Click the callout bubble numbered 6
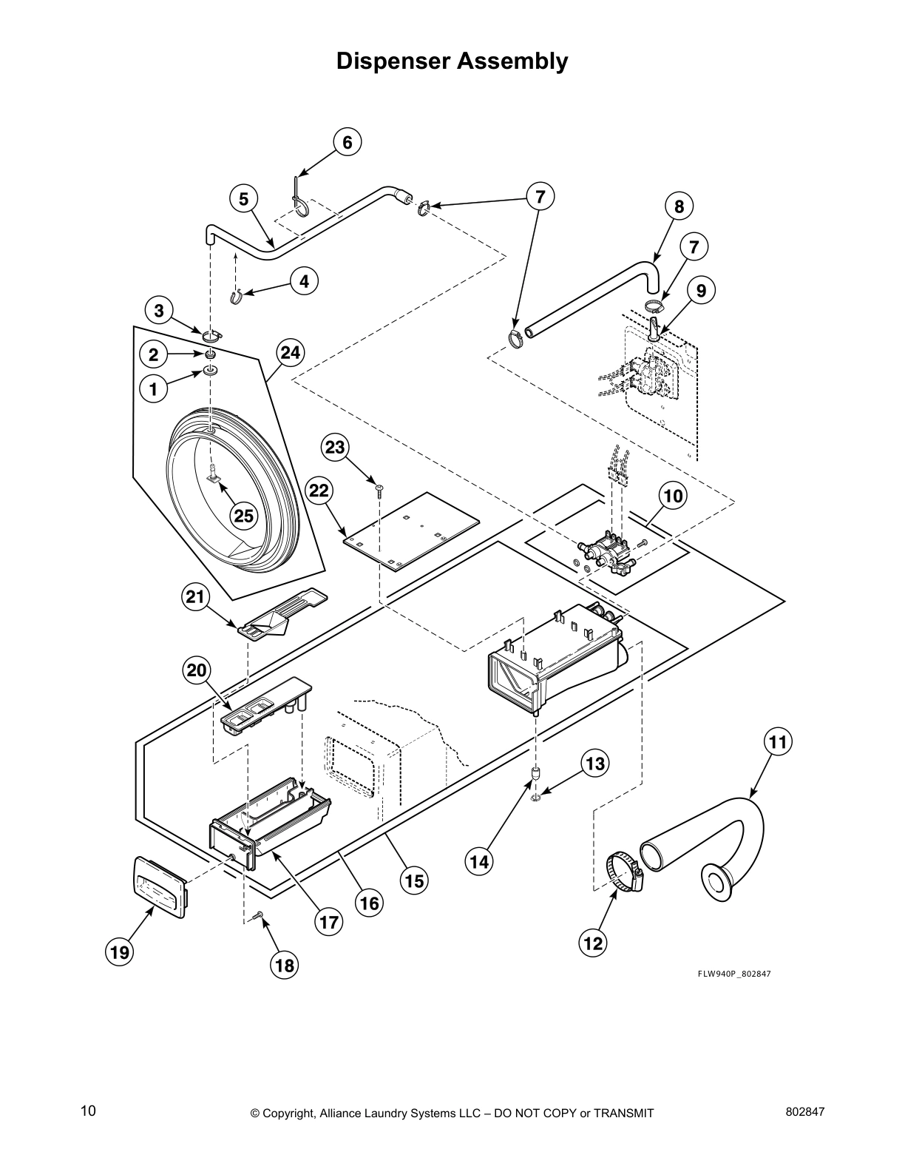348,141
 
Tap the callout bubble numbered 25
244,516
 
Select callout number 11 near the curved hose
777,741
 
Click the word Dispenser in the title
393,61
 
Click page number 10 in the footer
88,1111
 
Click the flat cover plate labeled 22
410,531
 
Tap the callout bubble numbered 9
700,291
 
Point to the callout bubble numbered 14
479,861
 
